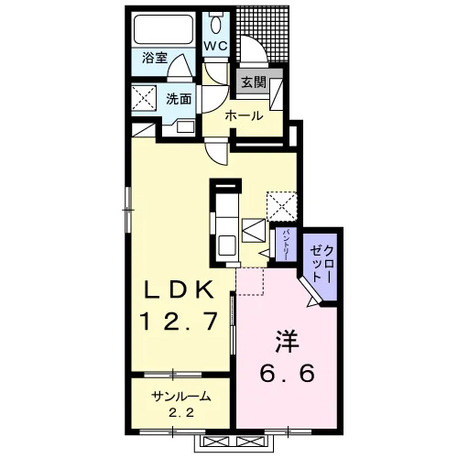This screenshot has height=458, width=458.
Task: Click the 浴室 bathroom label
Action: click(x=155, y=58)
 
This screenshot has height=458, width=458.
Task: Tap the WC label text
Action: click(x=216, y=46)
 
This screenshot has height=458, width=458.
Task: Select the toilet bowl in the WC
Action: click(x=216, y=24)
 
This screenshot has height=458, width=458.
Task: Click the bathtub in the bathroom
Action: click(x=163, y=29)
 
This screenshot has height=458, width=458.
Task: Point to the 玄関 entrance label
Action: click(x=254, y=82)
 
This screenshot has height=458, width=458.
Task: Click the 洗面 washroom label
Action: click(x=179, y=99)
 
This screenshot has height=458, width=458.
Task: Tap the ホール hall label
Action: click(x=245, y=116)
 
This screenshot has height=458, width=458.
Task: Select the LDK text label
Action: click(x=179, y=289)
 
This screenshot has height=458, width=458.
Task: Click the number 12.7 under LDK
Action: click(x=179, y=321)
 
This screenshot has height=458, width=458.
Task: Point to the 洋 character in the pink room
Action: click(x=288, y=342)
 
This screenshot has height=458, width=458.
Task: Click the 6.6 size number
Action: click(x=287, y=373)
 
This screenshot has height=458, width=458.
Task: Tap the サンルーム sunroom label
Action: click(x=181, y=397)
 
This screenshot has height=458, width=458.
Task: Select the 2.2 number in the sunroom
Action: click(x=181, y=413)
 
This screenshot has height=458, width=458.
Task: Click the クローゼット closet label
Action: click(x=321, y=264)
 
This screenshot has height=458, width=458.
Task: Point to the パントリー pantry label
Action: click(x=286, y=245)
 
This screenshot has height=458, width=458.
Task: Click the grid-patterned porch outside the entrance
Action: click(x=263, y=34)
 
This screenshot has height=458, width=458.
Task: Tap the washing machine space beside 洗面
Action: click(x=144, y=96)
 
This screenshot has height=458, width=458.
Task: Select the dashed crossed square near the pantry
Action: click(x=281, y=206)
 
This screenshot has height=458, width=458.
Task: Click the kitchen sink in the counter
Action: click(x=226, y=245)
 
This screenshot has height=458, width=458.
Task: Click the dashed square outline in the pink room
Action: click(x=250, y=281)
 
